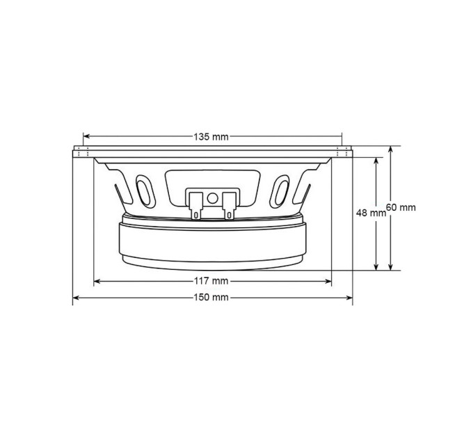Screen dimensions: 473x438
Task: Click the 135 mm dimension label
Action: [211, 137]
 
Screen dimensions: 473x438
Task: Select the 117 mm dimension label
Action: [211, 282]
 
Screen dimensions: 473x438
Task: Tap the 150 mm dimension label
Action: [211, 298]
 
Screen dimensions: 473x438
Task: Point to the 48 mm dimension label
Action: [371, 213]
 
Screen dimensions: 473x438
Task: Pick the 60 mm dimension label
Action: [401, 207]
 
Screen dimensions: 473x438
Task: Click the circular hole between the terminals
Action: [212, 198]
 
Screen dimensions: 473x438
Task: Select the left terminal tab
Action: [195, 206]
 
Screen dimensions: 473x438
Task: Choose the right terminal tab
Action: [229, 206]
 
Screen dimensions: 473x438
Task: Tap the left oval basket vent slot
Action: [145, 191]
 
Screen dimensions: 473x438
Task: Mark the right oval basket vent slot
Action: [280, 191]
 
